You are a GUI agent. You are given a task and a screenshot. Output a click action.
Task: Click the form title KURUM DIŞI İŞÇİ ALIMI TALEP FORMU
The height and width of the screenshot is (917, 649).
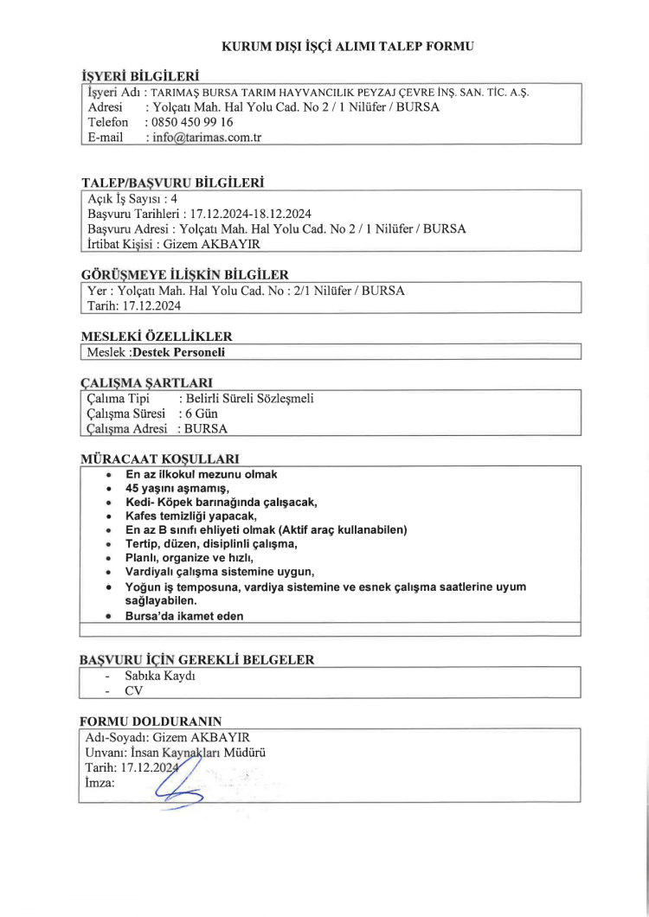[349, 45]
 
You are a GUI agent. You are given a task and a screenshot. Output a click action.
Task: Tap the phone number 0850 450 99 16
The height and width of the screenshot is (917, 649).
[191, 122]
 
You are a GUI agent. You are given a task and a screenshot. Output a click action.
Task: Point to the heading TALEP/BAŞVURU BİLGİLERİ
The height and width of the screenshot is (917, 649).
[171, 183]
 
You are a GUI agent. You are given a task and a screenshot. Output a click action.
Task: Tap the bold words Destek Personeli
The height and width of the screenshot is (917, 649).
[178, 352]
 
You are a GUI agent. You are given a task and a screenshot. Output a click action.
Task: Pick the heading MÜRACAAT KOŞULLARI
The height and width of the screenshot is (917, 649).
[159, 458]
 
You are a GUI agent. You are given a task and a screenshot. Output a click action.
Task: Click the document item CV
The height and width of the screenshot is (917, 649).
[133, 690]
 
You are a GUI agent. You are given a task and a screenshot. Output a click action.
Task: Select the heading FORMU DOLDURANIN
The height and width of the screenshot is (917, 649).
[151, 721]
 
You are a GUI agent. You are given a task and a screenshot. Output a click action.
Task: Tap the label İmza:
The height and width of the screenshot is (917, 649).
[100, 782]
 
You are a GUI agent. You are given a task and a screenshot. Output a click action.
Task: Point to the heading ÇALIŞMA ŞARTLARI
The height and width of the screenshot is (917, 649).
[146, 382]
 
